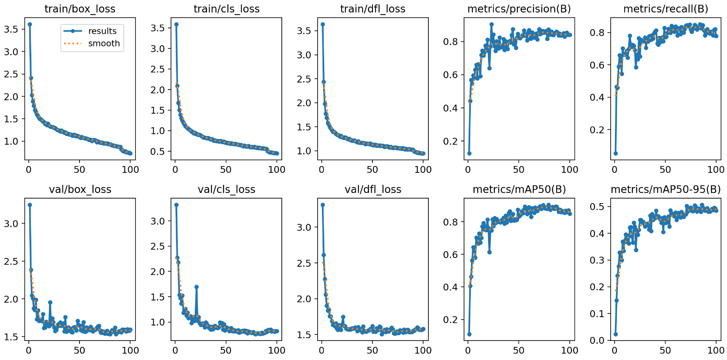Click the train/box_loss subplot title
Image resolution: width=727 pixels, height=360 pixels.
[80, 9]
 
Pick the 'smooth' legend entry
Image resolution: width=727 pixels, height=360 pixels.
[104, 43]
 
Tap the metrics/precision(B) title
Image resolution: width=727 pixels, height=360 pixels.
[519, 9]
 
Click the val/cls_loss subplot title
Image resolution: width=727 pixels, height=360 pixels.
[226, 189]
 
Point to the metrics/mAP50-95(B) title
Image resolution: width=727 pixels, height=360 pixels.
[666, 189]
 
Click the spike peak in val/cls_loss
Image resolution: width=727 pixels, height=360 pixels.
[196, 287]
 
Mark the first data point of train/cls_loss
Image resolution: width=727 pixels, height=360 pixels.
[176, 24]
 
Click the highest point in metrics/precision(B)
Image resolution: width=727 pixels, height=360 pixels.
[492, 24]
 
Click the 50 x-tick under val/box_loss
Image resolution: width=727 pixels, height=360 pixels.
[79, 350]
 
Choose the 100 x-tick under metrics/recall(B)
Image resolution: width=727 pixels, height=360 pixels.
[716, 170]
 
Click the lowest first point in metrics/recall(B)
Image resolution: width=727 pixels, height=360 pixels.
[615, 153]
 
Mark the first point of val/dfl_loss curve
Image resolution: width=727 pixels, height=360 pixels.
[323, 205]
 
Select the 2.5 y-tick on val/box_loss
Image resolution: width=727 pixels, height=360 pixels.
[11, 261]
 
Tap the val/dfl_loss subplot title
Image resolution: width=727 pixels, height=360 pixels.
[373, 189]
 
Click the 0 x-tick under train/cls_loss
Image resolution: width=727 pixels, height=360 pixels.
[175, 170]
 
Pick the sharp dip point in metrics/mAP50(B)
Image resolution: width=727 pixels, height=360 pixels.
[489, 252]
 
